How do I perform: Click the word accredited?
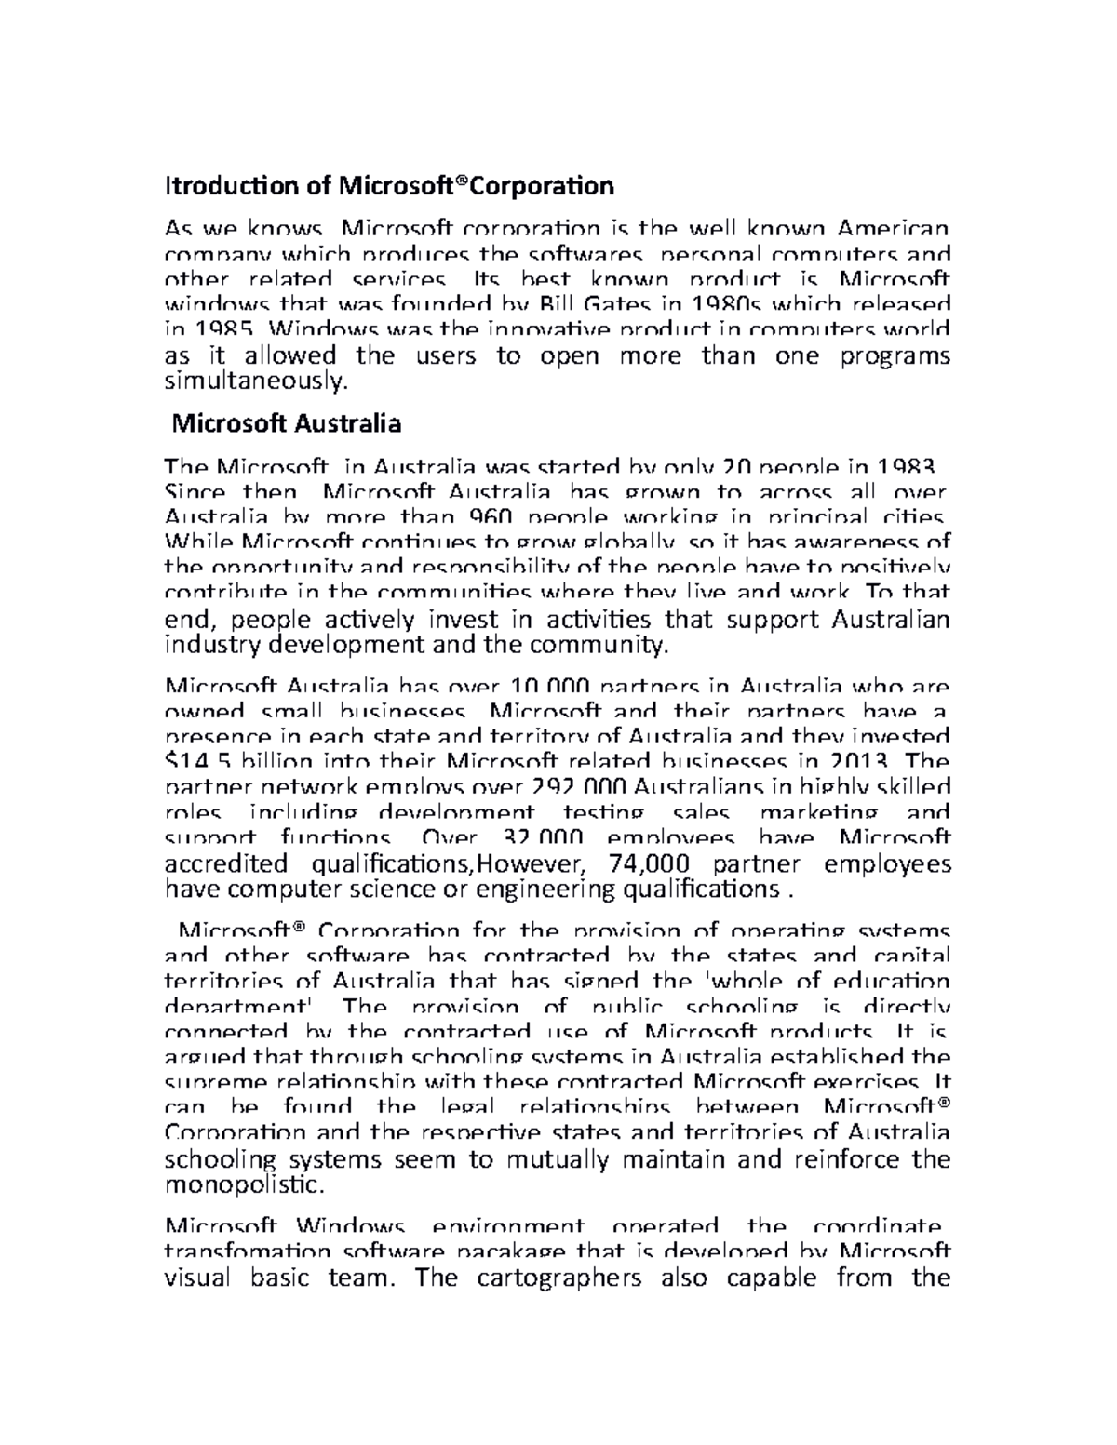225,863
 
